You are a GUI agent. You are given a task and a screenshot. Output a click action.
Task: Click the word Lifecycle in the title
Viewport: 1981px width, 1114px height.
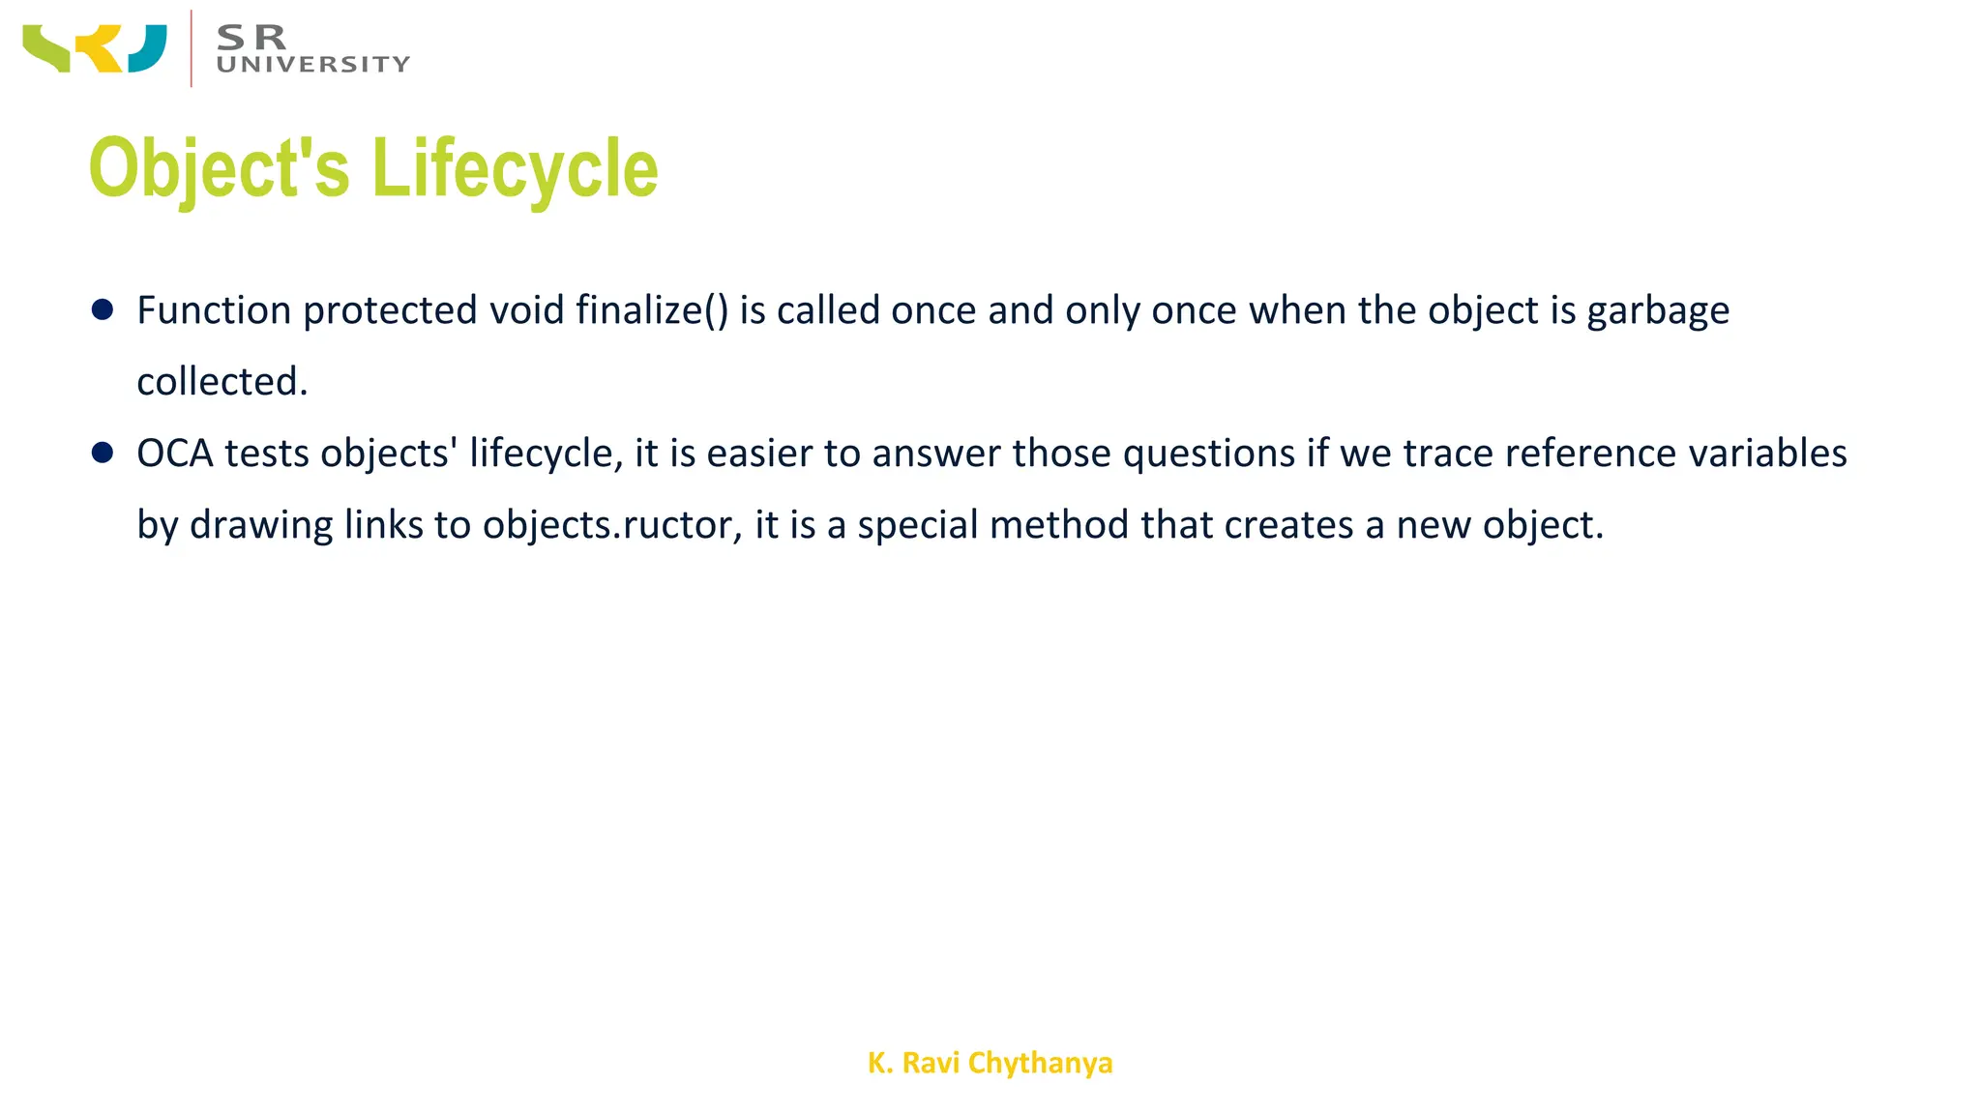(515, 167)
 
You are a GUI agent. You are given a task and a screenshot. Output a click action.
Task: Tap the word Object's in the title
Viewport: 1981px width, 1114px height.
(219, 167)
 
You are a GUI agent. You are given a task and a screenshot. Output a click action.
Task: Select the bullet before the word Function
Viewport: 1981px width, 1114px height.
(103, 309)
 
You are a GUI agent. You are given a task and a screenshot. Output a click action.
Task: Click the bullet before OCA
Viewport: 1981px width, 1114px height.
(103, 453)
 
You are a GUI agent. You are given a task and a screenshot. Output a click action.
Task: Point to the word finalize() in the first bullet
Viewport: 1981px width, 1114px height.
(651, 310)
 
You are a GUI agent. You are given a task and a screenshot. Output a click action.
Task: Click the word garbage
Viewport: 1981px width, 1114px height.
(1658, 311)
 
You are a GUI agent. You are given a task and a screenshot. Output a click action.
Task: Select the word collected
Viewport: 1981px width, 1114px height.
(222, 382)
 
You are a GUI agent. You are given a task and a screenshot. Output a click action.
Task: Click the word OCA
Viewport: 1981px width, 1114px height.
(174, 454)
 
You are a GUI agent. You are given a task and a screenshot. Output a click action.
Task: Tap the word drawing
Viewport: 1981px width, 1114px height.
(261, 525)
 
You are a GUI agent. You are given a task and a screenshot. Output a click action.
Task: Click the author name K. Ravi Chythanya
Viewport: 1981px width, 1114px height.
(990, 1063)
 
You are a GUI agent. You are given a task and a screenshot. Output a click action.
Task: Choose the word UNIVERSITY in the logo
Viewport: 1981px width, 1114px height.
(313, 65)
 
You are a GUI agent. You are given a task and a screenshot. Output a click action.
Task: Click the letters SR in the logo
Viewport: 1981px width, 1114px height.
(251, 37)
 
